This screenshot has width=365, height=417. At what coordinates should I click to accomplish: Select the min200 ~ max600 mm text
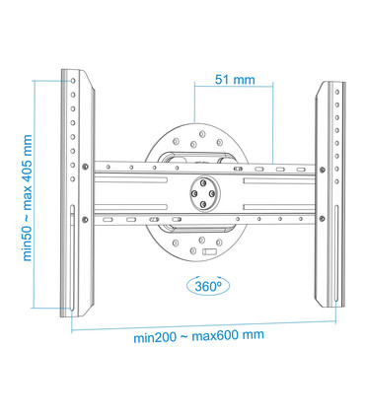point(198,335)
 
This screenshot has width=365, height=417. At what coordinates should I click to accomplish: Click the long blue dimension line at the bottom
point(202,323)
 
